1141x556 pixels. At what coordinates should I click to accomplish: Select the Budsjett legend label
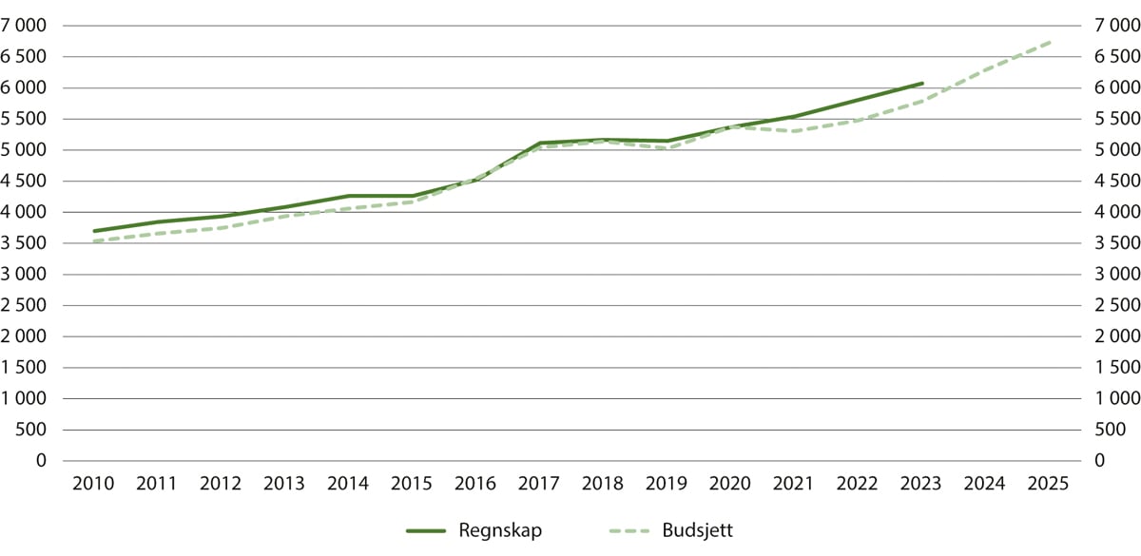coord(697,530)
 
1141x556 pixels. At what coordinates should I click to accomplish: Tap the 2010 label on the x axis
coord(94,485)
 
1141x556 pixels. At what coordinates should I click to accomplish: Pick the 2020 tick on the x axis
coord(730,485)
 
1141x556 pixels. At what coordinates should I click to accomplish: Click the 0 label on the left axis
coord(42,461)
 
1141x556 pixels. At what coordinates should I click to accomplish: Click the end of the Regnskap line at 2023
coord(922,84)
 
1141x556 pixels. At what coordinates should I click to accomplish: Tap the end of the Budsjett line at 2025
coord(1049,42)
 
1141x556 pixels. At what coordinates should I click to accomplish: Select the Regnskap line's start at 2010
coord(94,231)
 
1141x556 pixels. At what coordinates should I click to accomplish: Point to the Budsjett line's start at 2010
coord(94,241)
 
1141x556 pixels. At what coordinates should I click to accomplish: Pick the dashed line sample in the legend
coord(625,530)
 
